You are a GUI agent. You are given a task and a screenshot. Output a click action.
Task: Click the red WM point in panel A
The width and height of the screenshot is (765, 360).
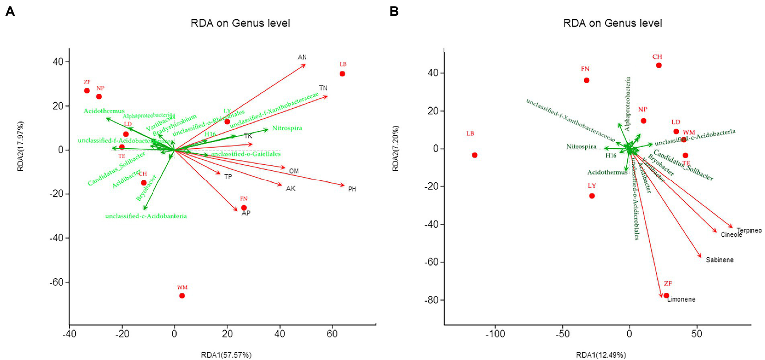tap(182, 296)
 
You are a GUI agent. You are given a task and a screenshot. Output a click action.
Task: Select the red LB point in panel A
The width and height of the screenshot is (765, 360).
tap(342, 74)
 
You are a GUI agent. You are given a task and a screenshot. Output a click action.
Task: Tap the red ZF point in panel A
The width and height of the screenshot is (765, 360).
tap(87, 91)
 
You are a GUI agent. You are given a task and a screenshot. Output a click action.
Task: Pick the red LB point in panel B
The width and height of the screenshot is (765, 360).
tap(475, 155)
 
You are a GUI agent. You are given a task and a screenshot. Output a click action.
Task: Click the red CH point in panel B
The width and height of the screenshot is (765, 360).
tap(659, 65)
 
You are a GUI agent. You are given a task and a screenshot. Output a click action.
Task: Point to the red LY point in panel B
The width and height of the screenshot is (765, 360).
tap(592, 196)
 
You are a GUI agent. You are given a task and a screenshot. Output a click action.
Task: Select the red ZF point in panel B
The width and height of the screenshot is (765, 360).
tap(666, 295)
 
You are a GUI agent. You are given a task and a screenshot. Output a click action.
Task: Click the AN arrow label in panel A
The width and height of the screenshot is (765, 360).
tap(302, 57)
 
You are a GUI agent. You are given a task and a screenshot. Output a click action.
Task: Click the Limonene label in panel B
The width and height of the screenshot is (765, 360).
tap(681, 300)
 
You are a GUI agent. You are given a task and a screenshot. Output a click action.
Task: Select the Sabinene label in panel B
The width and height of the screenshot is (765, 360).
tap(720, 260)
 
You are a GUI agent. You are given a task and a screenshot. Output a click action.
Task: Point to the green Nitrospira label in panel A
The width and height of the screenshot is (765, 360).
tap(287, 128)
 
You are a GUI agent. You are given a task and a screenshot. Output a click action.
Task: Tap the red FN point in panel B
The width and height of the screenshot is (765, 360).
tap(586, 80)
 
